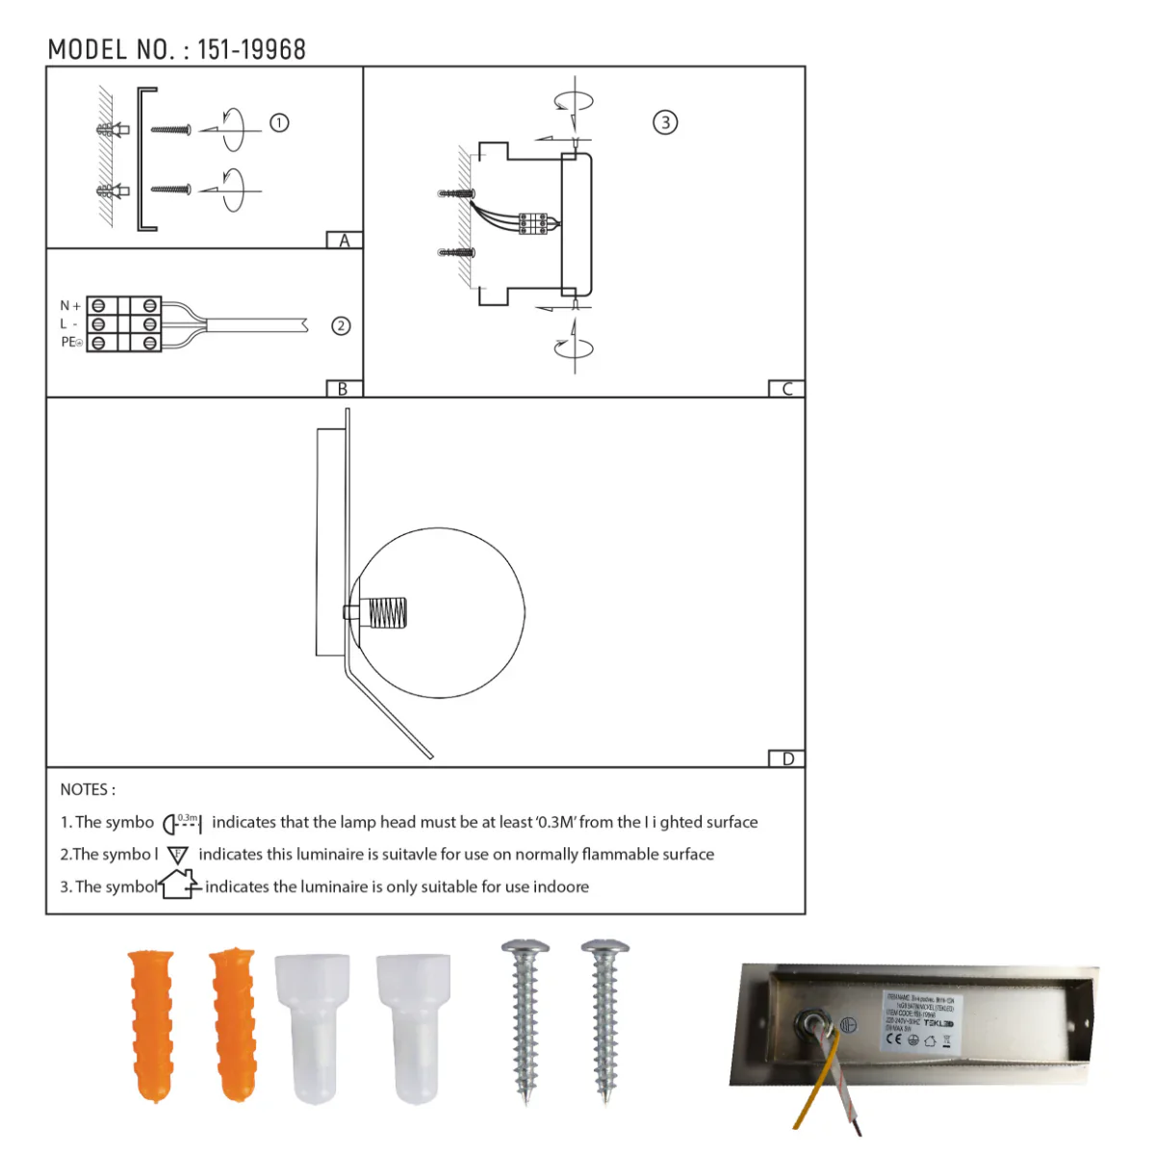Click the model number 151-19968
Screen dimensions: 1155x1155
[x=251, y=50]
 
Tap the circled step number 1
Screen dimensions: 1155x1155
[x=279, y=123]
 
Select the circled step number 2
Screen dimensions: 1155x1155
[x=341, y=326]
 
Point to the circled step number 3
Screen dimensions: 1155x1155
[x=665, y=122]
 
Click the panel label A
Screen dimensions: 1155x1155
[x=344, y=241]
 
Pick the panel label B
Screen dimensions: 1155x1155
[x=343, y=389]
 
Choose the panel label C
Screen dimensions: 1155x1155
[x=786, y=389]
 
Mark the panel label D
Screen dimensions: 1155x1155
[x=787, y=759]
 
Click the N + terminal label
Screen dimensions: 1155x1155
[x=70, y=306]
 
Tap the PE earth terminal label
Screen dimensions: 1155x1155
[x=71, y=343]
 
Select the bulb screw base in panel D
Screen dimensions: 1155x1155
[x=388, y=613]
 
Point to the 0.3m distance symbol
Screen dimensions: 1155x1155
[x=182, y=823]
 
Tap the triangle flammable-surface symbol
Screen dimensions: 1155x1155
[x=178, y=855]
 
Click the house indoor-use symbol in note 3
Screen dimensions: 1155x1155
[x=179, y=884]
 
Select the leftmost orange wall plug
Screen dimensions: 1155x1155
[x=151, y=1024]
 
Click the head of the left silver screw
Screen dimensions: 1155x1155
[x=525, y=948]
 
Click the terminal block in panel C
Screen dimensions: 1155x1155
[x=532, y=223]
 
